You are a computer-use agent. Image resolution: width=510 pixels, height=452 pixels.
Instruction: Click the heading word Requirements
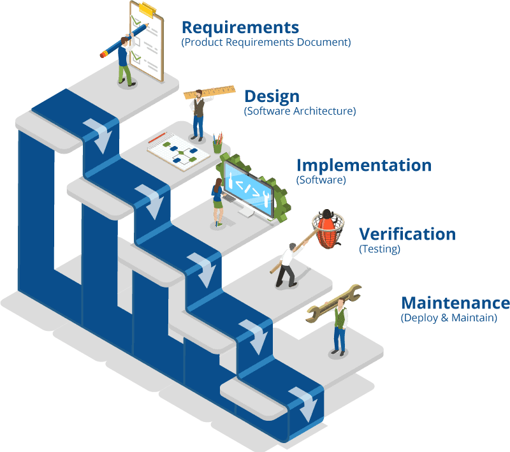[240, 27]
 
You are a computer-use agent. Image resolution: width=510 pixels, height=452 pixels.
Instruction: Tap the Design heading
[272, 96]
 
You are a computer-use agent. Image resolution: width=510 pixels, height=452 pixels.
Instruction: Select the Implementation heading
[363, 165]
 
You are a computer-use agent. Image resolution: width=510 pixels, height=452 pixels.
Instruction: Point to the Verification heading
[407, 234]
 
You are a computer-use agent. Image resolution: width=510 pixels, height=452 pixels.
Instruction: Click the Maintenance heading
[456, 302]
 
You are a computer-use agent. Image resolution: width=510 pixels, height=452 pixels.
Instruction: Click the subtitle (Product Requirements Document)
[266, 43]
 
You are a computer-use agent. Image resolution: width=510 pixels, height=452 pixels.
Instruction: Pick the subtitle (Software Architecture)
[300, 111]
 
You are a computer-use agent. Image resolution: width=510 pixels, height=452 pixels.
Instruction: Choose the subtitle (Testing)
[379, 249]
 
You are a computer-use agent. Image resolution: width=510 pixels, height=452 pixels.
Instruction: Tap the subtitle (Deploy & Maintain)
[449, 317]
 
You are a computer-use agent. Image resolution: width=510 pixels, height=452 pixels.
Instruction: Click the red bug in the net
[327, 228]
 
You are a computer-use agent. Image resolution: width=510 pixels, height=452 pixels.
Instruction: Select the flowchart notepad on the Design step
[178, 151]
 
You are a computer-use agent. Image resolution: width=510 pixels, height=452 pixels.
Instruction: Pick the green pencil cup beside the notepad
[218, 145]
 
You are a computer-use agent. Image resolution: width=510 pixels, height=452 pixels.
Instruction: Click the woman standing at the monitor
[218, 201]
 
